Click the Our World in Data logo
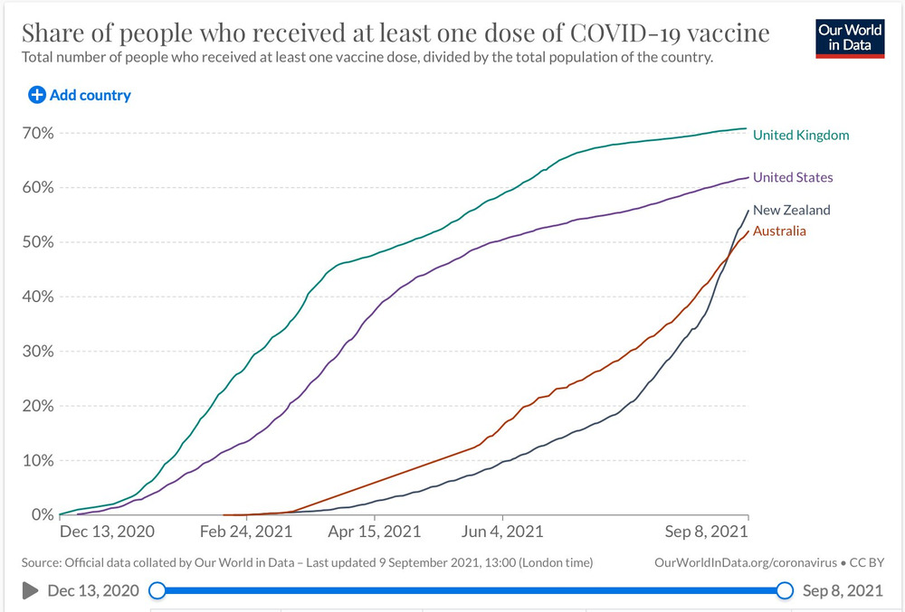pos(849,37)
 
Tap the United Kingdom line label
pos(801,135)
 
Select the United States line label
pos(793,177)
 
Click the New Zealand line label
pos(791,210)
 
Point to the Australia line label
pos(779,231)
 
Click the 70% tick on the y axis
pos(40,133)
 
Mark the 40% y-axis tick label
pos(40,297)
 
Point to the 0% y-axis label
pos(43,514)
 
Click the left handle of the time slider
pos(157,590)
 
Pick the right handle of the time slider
pos(785,590)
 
